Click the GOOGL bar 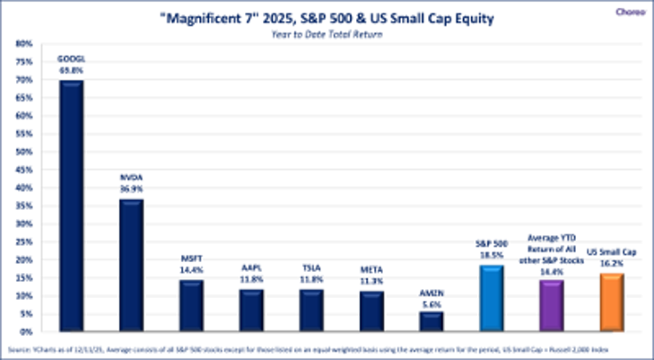pos(71,206)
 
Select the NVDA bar pos(131,266)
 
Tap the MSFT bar pos(191,306)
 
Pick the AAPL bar pos(251,311)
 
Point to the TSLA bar pos(311,311)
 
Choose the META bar pos(371,312)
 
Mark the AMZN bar pos(431,321)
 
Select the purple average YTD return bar pos(551,306)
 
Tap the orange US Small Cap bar pos(611,303)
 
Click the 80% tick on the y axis pos(24,43)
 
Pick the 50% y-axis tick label pos(24,152)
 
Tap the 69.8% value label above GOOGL pos(71,68)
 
